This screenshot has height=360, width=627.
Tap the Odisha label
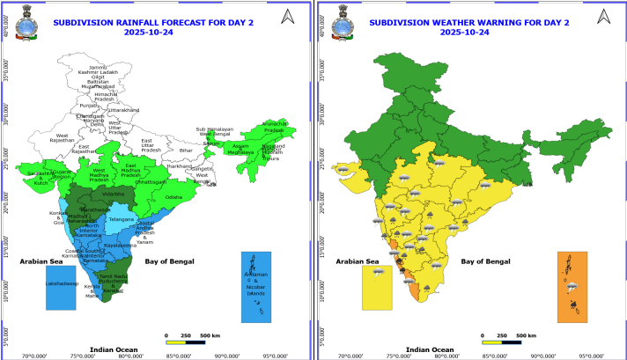(x=173, y=197)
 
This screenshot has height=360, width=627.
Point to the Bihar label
(x=186, y=151)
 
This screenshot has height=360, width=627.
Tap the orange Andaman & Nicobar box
(x=573, y=287)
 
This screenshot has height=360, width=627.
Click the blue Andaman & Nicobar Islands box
(x=256, y=287)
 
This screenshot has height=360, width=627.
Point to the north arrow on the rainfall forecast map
(x=287, y=16)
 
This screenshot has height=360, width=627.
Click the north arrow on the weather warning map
(x=601, y=16)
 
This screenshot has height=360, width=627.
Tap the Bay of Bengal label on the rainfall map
(x=170, y=261)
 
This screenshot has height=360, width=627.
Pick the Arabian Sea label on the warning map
(x=357, y=261)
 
